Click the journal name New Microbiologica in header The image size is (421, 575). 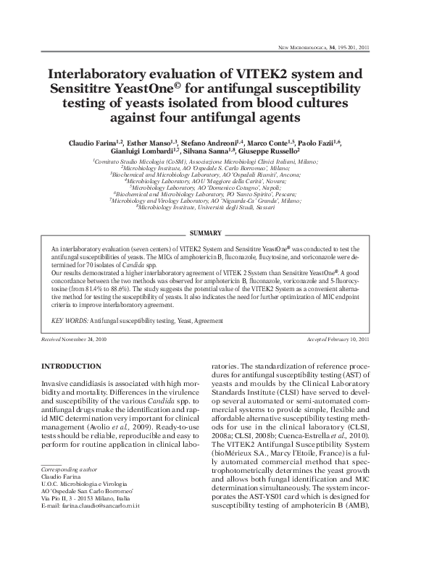click(301, 46)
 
